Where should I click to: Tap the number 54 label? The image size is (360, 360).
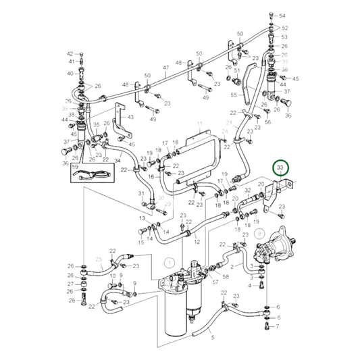point(282,15)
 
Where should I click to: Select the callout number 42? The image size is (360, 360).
point(70,53)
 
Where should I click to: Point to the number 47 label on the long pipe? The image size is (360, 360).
point(166,68)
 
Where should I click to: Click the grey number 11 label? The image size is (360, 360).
point(199,124)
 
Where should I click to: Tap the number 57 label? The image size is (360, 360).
point(215,282)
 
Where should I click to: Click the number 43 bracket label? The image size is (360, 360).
point(130,118)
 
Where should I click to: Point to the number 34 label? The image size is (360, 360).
point(118,161)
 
